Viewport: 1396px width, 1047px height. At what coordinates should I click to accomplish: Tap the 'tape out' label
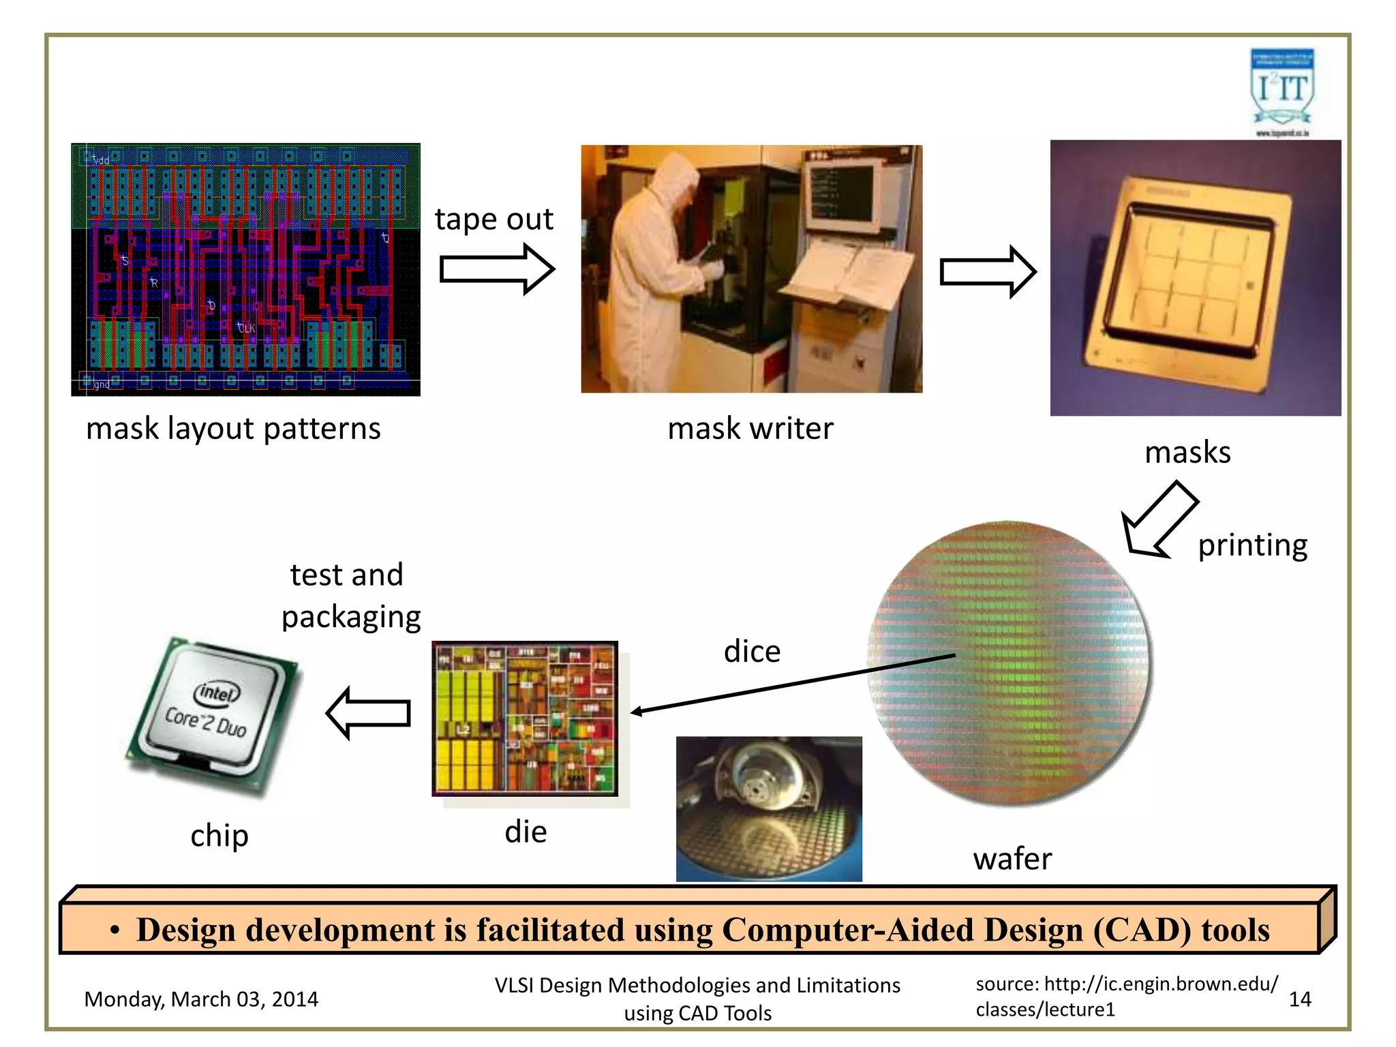point(494,219)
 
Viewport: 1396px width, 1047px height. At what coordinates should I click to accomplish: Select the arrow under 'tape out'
point(496,269)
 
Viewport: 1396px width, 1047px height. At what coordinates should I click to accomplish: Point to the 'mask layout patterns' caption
point(233,429)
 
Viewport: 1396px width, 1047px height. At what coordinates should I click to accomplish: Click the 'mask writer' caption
point(750,429)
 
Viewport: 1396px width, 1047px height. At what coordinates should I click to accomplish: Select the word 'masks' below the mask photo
point(1187,453)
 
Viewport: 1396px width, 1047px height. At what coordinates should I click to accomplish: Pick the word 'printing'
point(1252,545)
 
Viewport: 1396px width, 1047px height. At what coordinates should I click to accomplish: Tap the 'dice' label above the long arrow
point(752,652)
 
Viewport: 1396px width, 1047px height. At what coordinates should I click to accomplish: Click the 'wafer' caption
point(1012,859)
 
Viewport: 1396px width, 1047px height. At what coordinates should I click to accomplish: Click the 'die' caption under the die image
point(526,832)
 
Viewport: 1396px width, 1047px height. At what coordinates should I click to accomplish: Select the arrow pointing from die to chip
point(369,713)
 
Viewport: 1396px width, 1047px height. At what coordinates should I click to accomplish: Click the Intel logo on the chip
point(217,693)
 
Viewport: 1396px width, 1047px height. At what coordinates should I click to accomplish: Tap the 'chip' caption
point(219,836)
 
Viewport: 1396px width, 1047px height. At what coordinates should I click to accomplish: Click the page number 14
point(1300,999)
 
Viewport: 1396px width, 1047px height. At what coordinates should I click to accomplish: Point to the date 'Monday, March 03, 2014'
point(201,999)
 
